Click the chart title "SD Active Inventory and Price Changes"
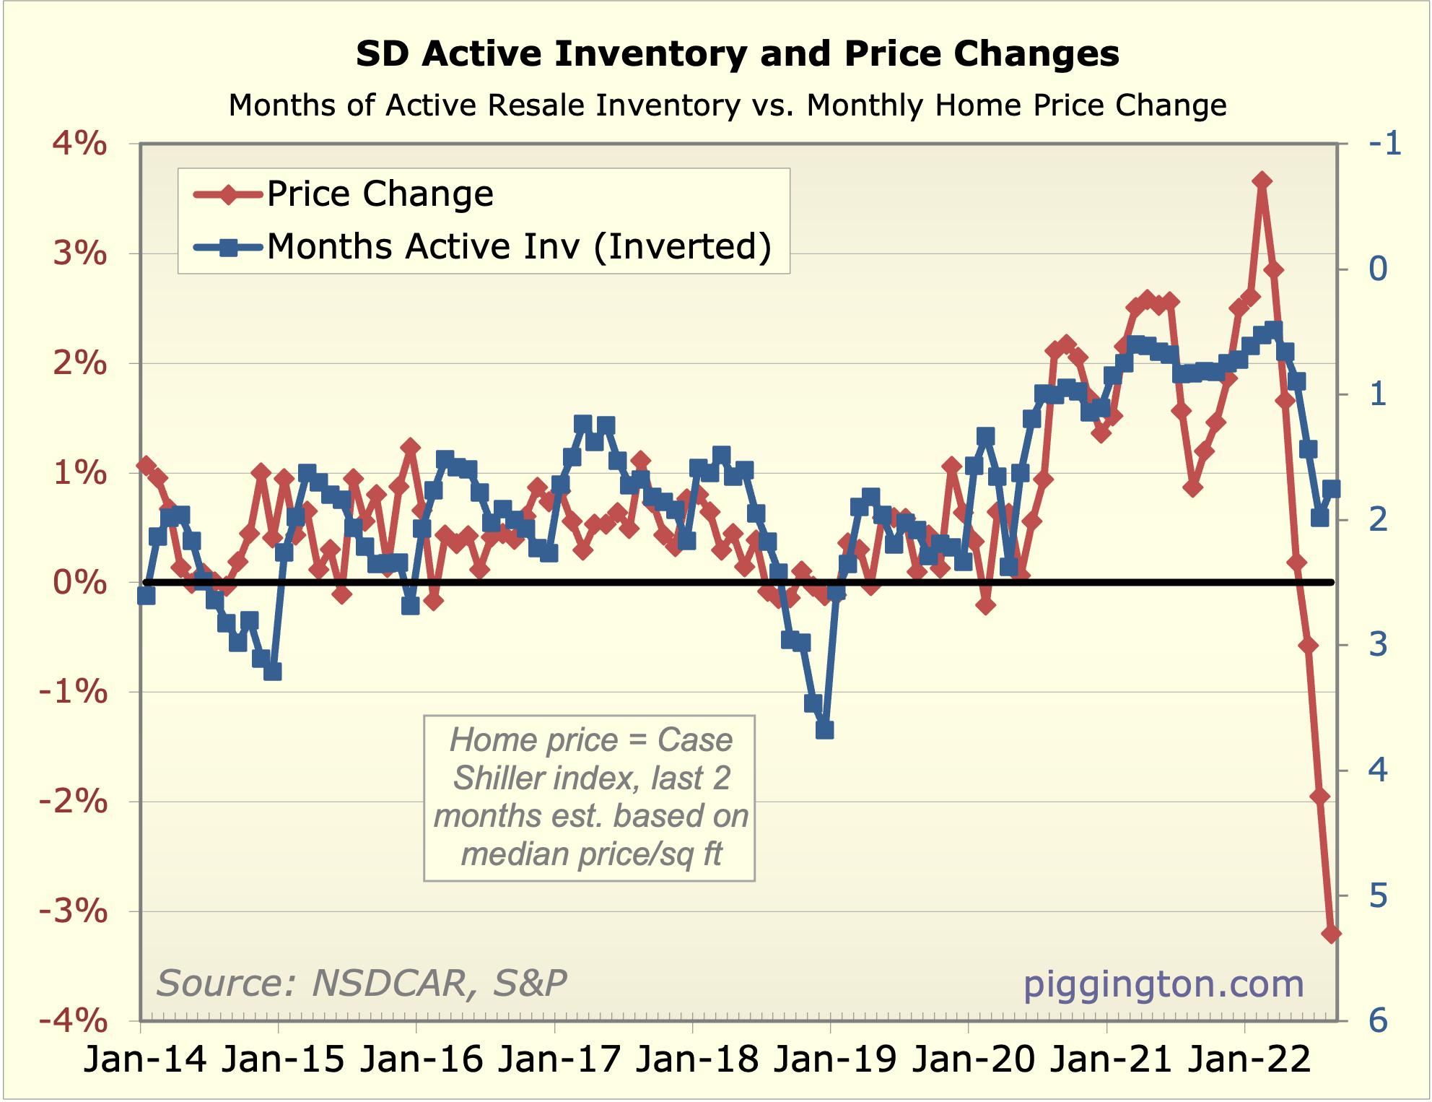737,54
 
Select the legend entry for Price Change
380,194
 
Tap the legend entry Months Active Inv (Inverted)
518,247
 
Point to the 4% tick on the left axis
79,144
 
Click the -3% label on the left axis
73,911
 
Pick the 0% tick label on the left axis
79,582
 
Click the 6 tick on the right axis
1378,1021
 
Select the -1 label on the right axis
1384,144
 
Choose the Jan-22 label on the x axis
1249,1060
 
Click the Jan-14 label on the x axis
145,1060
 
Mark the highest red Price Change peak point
1262,181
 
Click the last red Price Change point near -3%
1331,934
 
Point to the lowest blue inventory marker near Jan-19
824,730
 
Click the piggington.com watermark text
1163,984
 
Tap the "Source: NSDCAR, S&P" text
362,984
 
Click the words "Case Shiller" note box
590,797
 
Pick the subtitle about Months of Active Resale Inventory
728,105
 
